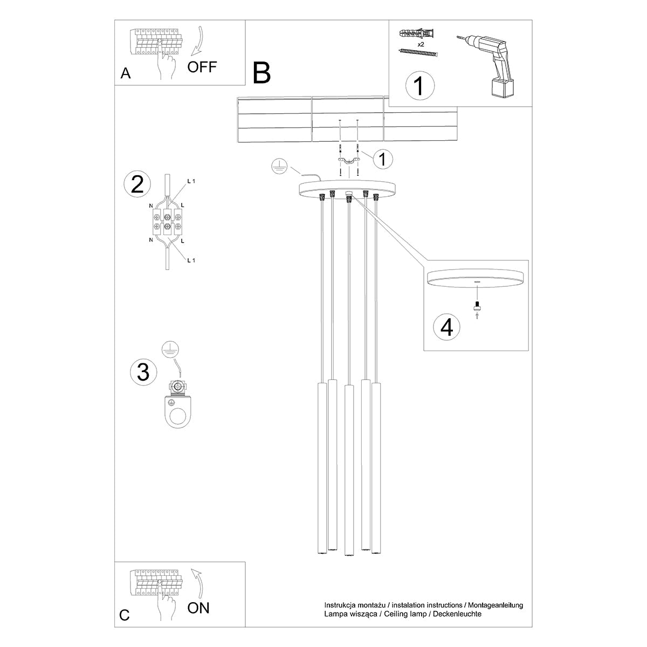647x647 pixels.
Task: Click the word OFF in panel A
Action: pos(202,67)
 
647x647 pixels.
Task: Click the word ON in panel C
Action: pos(198,608)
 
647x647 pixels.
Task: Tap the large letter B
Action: pos(262,73)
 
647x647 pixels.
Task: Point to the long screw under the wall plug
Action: pos(418,52)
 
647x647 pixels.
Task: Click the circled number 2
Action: pos(137,184)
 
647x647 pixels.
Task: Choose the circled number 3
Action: pos(143,373)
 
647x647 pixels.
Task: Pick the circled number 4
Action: pos(447,327)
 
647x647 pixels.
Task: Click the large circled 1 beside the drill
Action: pos(419,86)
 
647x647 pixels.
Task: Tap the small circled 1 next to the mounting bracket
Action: pos(382,159)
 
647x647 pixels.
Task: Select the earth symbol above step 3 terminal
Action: pos(170,349)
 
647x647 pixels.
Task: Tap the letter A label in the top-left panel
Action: pos(126,74)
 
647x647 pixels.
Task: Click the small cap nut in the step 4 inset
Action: pos(477,308)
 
